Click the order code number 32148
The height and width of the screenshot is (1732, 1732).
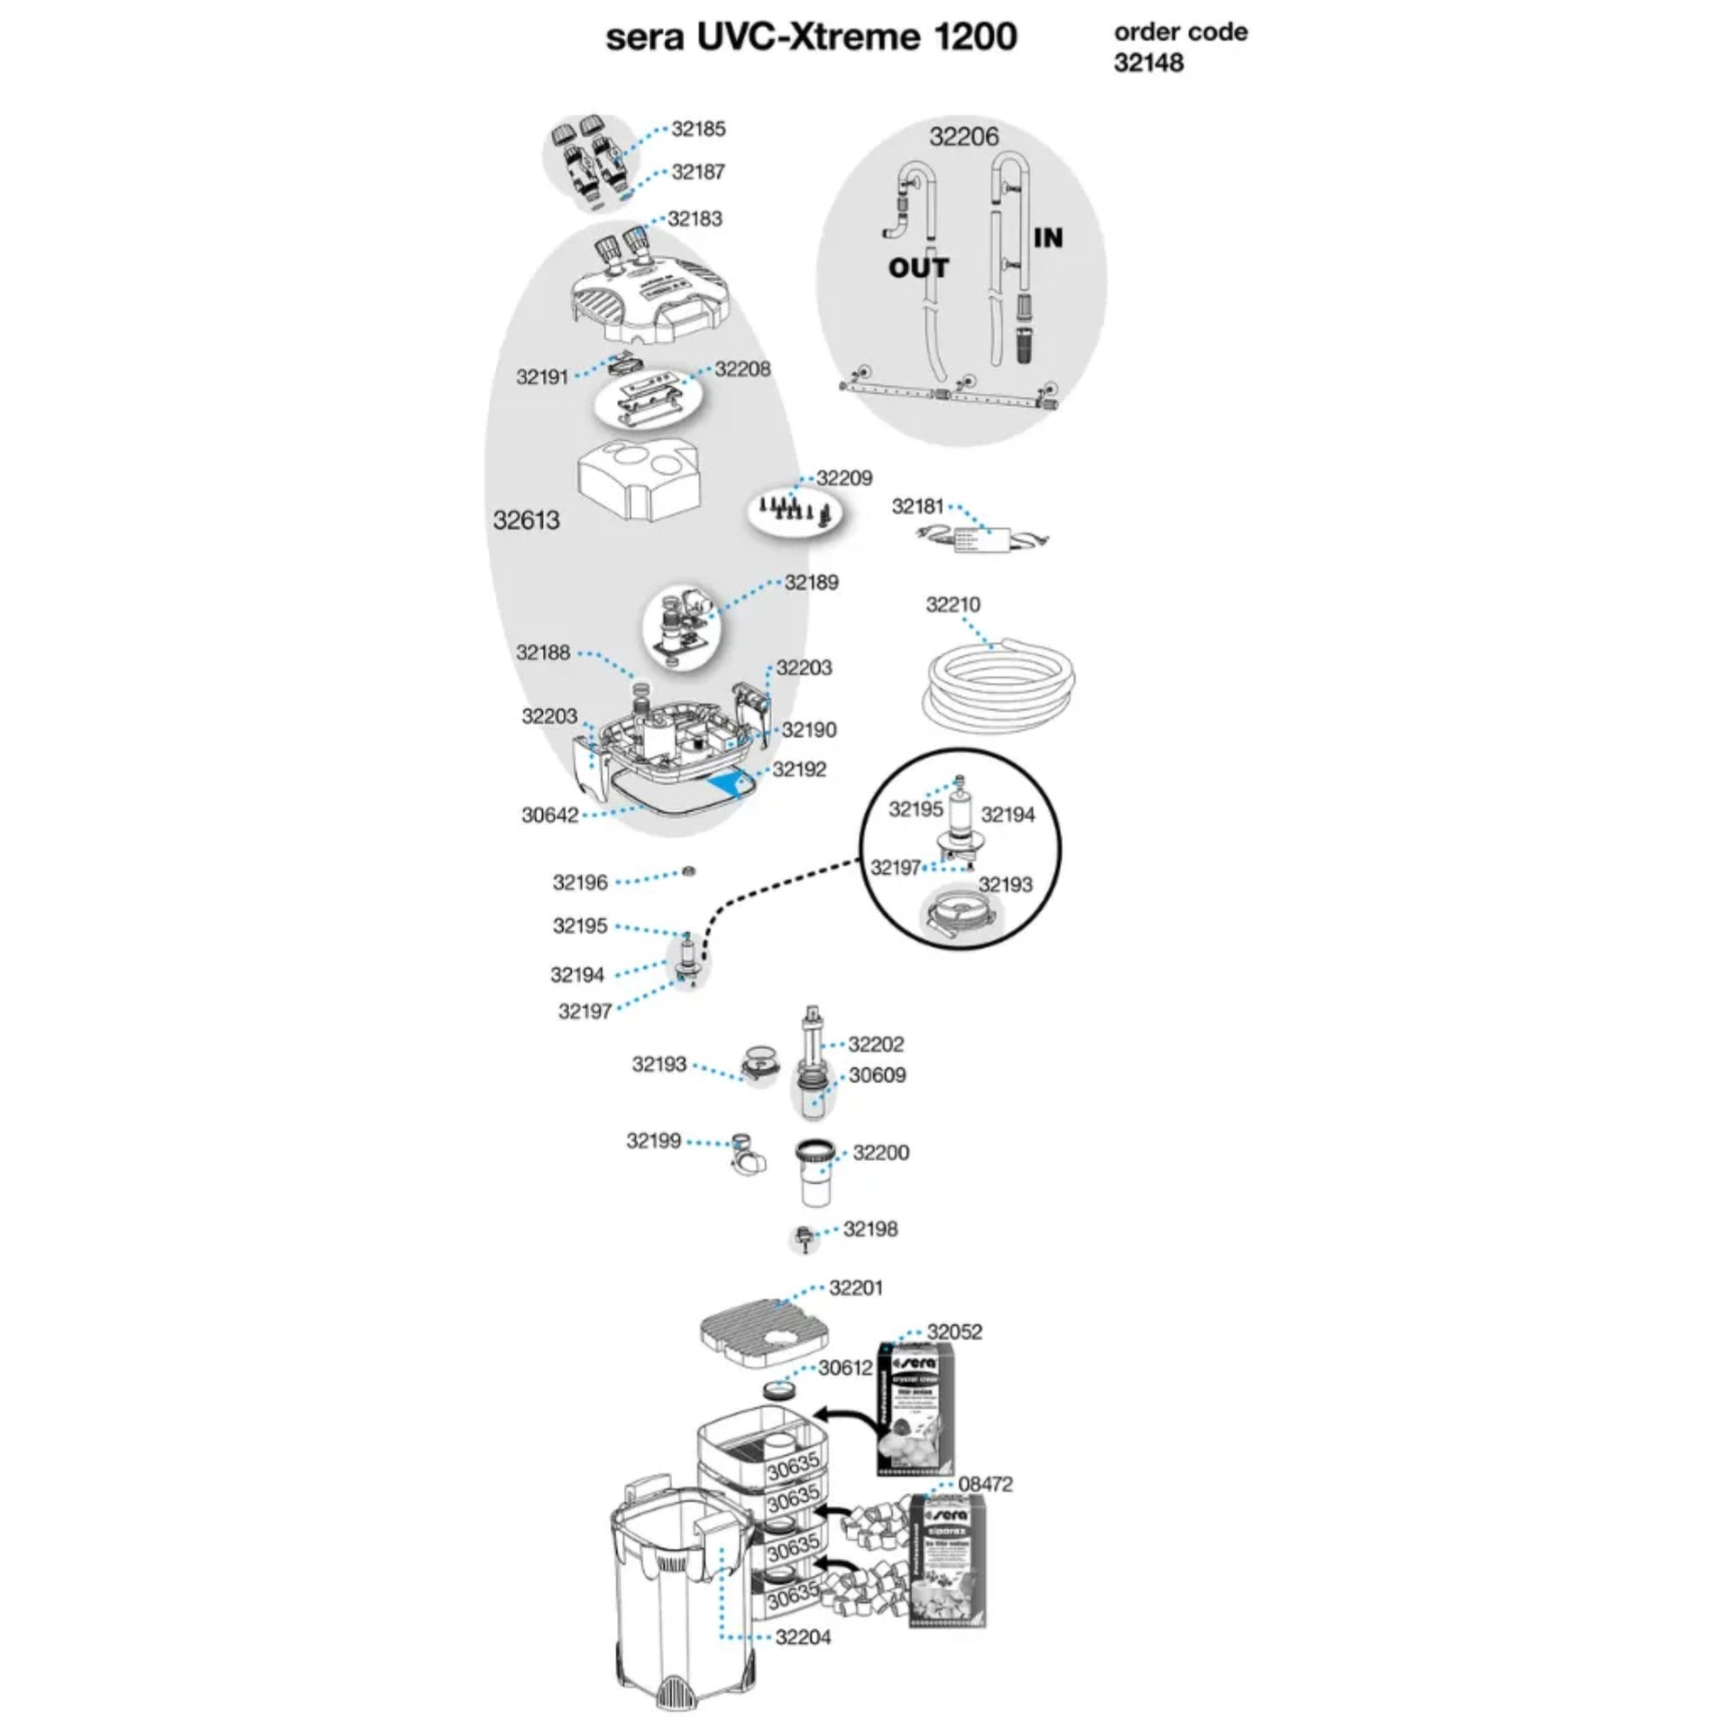(x=1148, y=63)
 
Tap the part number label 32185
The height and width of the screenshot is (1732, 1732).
(x=698, y=129)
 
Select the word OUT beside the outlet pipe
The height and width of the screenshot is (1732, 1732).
(x=918, y=268)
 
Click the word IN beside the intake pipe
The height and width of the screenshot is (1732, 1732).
(x=1048, y=238)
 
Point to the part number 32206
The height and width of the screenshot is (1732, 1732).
(x=964, y=136)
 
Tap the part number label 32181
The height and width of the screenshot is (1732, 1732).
(x=917, y=507)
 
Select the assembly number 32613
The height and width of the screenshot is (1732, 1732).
(x=526, y=520)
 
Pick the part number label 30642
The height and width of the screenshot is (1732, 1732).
(x=549, y=815)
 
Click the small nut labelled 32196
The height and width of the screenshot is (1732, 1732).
(x=687, y=871)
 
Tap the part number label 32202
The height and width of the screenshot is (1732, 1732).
(x=876, y=1044)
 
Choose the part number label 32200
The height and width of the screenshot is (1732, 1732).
(x=880, y=1152)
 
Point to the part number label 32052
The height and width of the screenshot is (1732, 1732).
(x=954, y=1331)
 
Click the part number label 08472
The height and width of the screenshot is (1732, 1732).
(x=985, y=1484)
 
